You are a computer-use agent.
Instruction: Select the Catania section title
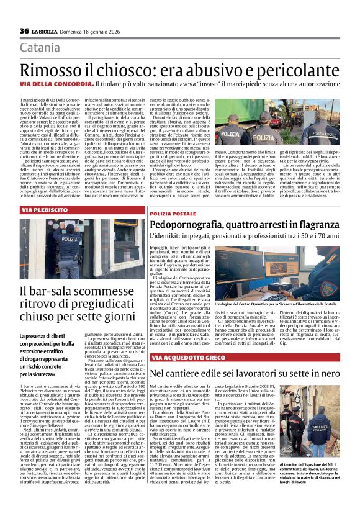click(x=40, y=48)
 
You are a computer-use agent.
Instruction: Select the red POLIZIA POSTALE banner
click(x=174, y=214)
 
